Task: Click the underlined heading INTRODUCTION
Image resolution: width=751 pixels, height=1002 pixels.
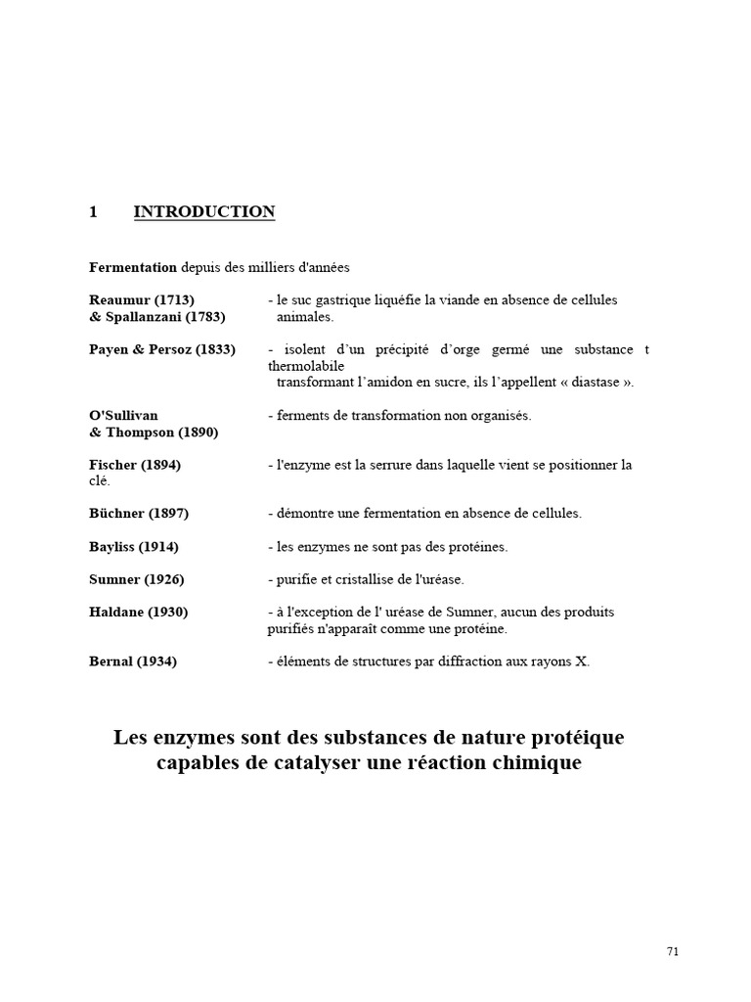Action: click(x=203, y=212)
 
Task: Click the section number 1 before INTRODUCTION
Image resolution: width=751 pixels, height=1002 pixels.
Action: click(x=94, y=212)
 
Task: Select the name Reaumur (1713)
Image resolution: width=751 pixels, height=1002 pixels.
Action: click(x=142, y=300)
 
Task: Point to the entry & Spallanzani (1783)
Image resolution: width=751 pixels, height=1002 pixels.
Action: click(x=157, y=317)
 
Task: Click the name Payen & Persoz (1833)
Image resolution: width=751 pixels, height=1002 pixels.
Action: click(x=162, y=349)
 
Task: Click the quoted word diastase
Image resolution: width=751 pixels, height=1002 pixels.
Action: click(x=592, y=383)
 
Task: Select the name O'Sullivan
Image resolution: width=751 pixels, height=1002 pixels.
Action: click(x=123, y=416)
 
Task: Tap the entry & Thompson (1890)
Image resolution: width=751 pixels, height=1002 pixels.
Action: click(x=154, y=433)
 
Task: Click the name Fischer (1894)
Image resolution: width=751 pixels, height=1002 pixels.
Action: click(x=135, y=465)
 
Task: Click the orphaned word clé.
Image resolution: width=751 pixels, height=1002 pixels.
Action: click(x=100, y=481)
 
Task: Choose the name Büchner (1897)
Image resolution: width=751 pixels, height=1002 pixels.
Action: click(x=139, y=514)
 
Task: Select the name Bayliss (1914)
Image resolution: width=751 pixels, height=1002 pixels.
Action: click(x=134, y=547)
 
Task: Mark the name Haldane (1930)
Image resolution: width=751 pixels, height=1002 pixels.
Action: click(x=139, y=613)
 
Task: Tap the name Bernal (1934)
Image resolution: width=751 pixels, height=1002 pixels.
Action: click(x=133, y=661)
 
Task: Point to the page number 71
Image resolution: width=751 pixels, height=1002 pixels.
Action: click(x=672, y=951)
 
